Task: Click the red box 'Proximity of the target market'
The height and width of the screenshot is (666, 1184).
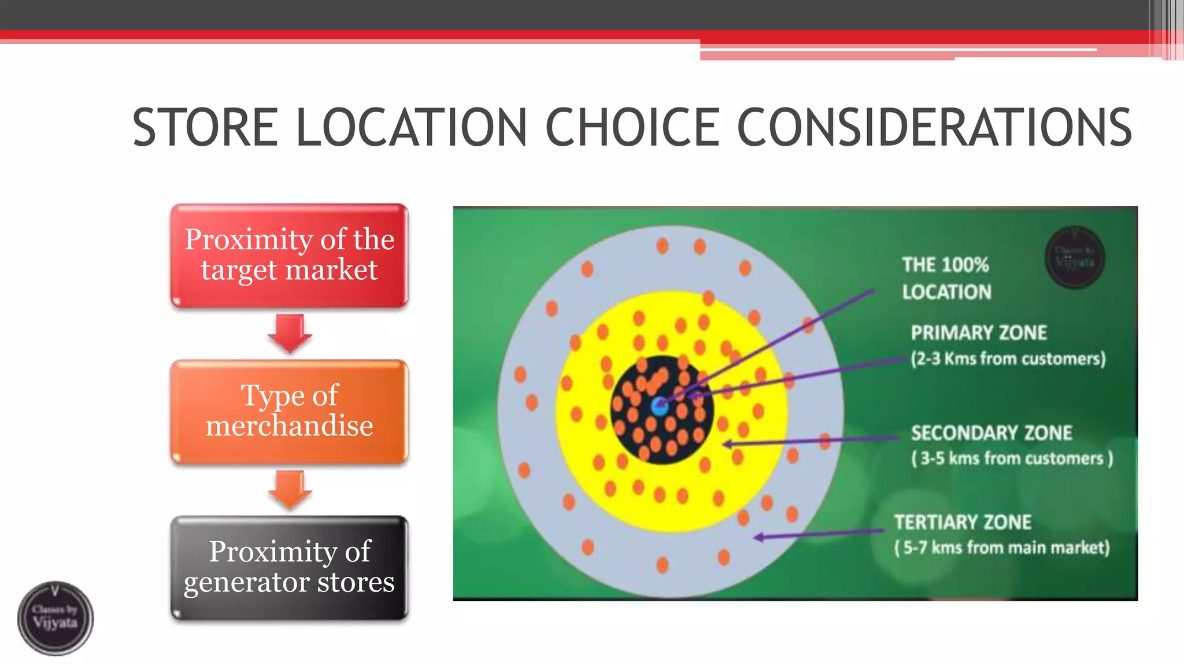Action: click(289, 255)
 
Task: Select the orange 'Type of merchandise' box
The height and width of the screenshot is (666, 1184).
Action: click(289, 411)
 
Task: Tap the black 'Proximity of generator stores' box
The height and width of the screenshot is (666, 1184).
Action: click(289, 567)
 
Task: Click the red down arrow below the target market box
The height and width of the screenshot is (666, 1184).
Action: click(290, 334)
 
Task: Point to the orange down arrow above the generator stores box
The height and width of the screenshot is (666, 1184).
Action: click(290, 489)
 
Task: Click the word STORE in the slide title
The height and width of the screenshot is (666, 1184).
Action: click(205, 128)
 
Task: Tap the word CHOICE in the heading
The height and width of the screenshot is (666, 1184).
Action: click(632, 128)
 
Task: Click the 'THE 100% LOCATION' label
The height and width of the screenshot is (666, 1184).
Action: click(946, 278)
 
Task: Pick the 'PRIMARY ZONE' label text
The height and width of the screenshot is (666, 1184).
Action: click(979, 332)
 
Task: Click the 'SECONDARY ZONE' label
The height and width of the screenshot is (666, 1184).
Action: click(991, 432)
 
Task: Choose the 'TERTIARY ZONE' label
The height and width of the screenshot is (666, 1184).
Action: click(963, 522)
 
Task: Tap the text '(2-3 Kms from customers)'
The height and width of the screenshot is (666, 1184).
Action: click(1008, 358)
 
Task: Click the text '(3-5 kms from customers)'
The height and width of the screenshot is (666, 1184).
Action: click(1012, 458)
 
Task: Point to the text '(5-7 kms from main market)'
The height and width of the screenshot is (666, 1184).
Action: click(1002, 547)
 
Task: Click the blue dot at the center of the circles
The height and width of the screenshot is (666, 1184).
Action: click(659, 406)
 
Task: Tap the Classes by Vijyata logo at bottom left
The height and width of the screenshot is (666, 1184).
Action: click(55, 618)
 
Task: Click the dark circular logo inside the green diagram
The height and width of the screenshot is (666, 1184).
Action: click(1075, 257)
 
